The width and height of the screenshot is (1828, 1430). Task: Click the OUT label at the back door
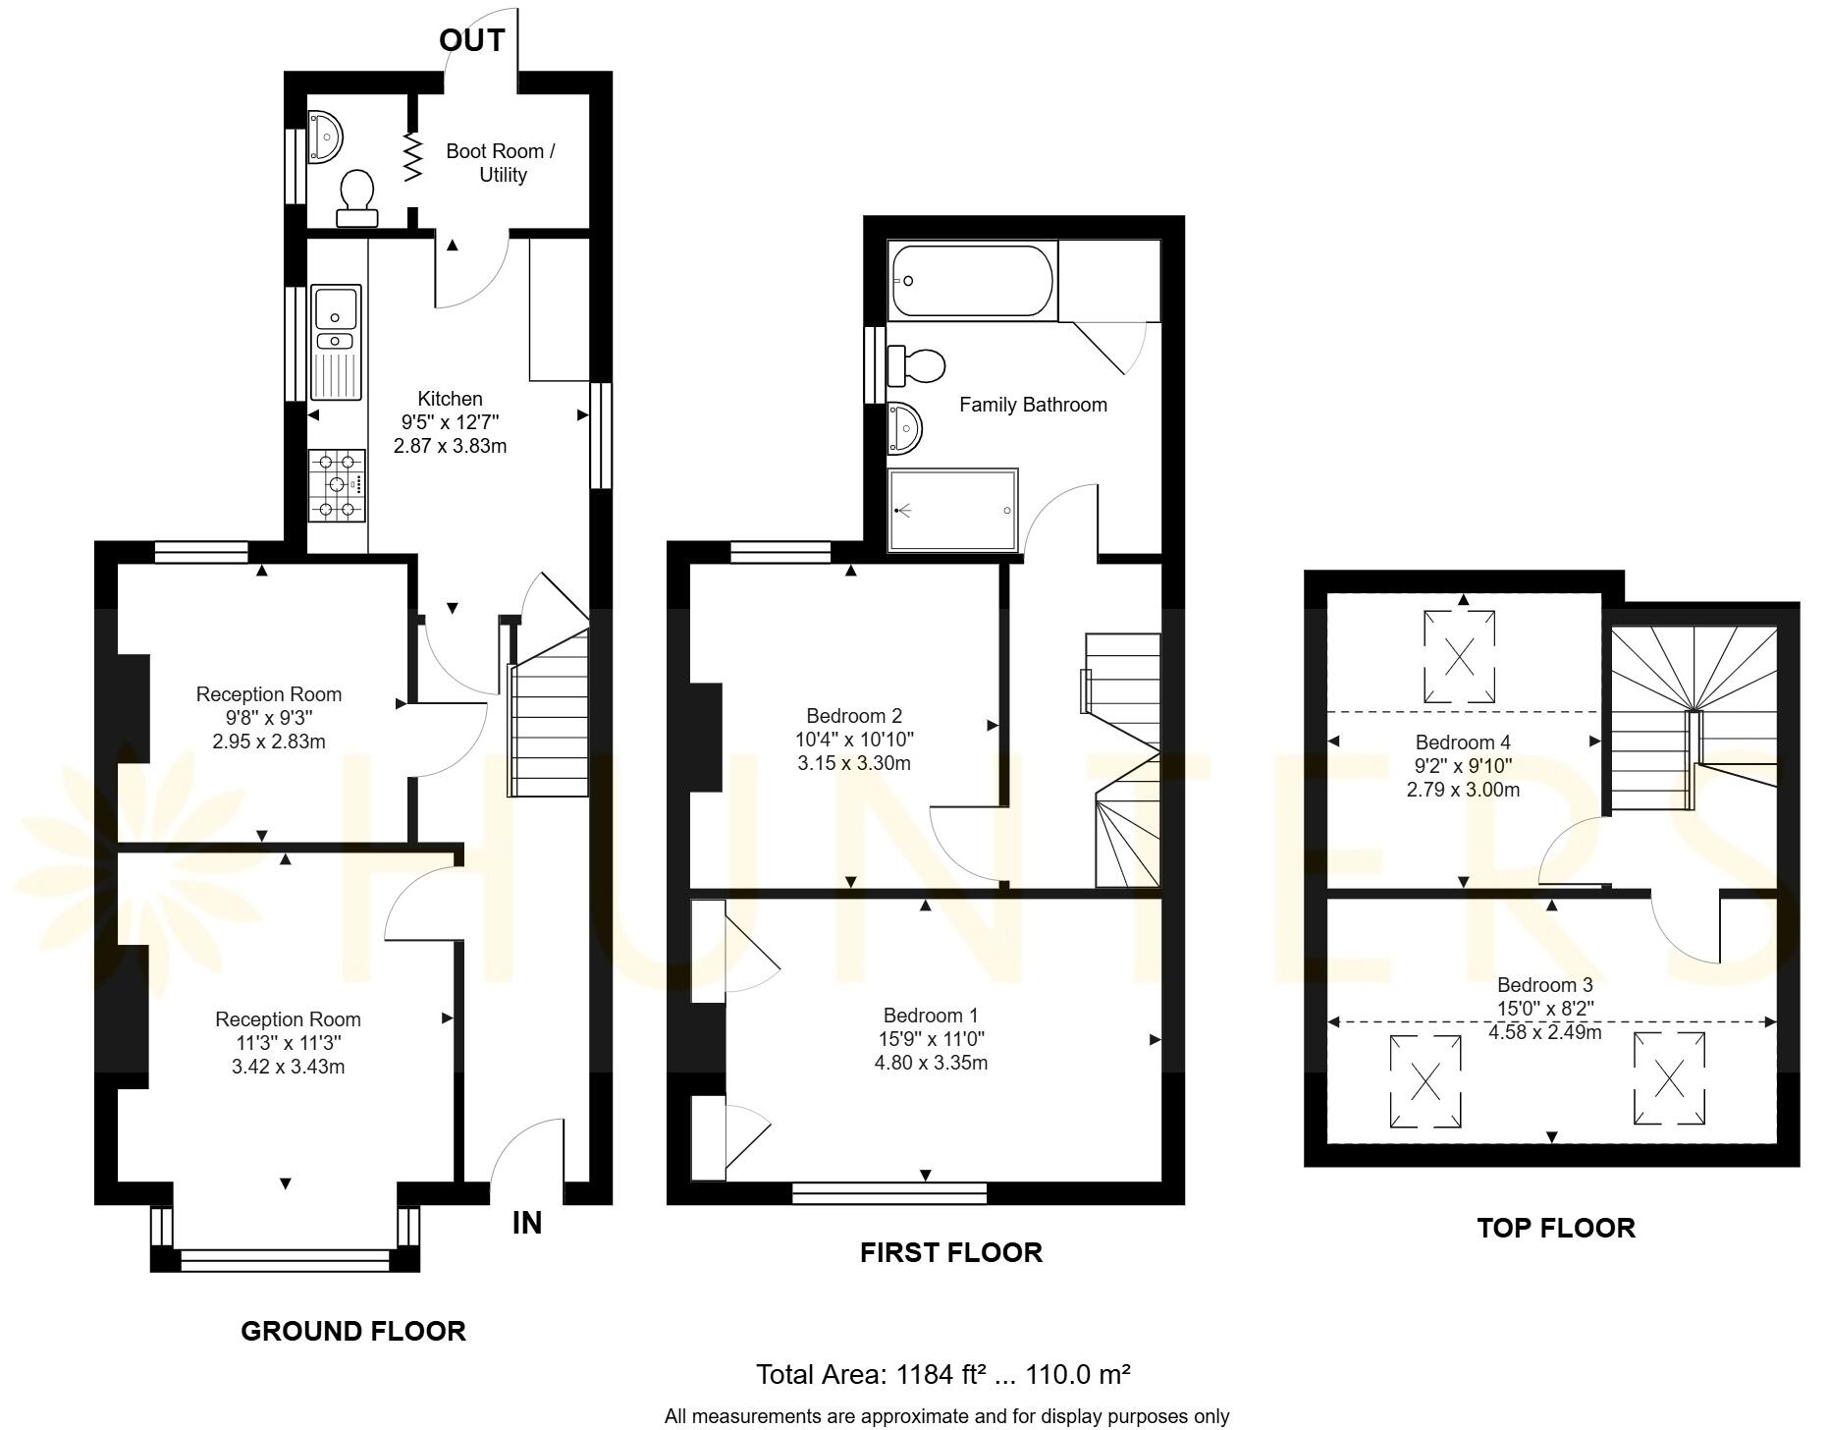coord(471,40)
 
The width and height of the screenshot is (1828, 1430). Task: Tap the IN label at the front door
coord(527,1223)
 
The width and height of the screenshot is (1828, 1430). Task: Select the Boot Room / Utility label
coord(501,163)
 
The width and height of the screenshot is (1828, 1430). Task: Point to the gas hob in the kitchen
coord(337,485)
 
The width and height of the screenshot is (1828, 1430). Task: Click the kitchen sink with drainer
coord(336,342)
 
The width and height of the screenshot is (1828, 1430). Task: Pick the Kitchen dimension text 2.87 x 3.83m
coord(450,446)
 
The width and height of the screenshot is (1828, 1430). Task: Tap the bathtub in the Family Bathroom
coord(972,281)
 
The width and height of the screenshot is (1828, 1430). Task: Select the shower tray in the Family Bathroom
coord(952,511)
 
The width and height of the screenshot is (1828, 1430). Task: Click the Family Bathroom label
coord(1033,405)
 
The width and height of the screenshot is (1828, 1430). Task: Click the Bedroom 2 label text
coord(853,716)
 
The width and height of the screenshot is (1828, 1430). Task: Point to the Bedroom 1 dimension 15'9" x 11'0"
coord(931,1039)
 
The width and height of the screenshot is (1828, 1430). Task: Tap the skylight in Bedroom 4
coord(1460,656)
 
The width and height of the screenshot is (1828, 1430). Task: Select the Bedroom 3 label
coord(1544,985)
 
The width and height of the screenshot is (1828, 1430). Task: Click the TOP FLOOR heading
coord(1556,1228)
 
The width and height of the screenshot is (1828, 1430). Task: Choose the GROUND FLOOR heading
coord(353,1331)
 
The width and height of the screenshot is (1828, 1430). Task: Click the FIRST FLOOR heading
coord(950,1252)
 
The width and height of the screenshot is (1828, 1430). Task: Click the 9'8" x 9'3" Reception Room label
coord(268,718)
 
